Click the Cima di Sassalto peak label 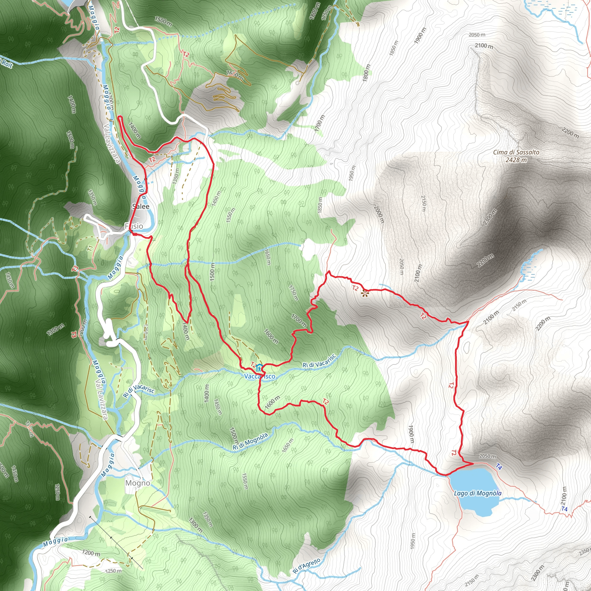[516, 152]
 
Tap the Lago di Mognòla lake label [478, 493]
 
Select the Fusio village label [134, 226]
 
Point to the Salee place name [141, 207]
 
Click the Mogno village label [138, 483]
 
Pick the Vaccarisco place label [259, 376]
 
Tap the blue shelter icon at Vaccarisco [259, 367]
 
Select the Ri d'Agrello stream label [306, 566]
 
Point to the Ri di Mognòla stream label [250, 442]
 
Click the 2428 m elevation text [516, 160]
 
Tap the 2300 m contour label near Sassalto [490, 217]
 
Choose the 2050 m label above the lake [487, 456]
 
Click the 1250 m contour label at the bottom [113, 571]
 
